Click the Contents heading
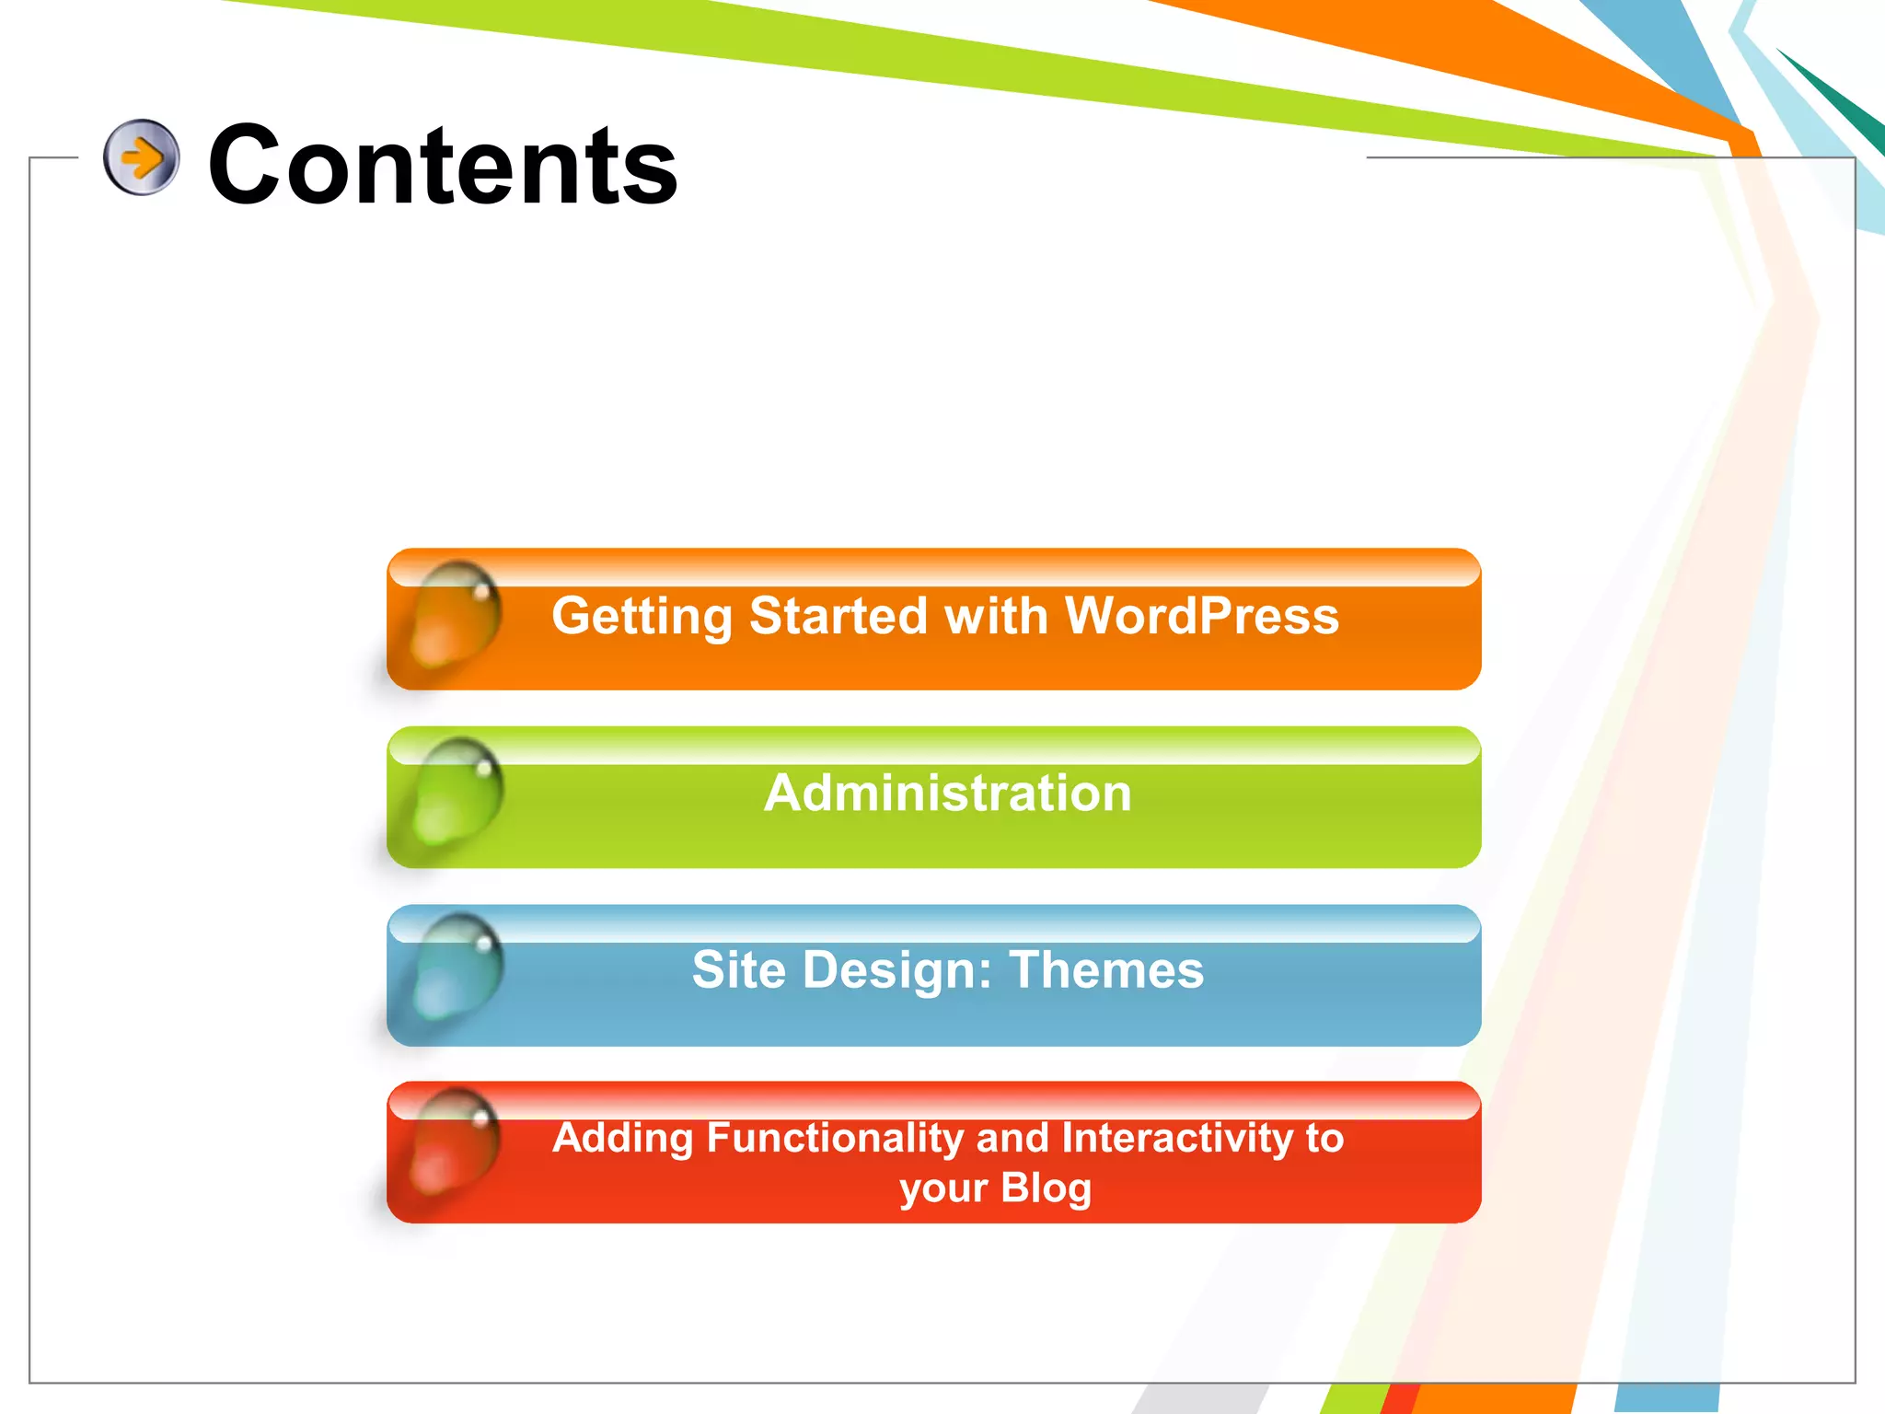[x=443, y=166]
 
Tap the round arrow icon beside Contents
[x=141, y=157]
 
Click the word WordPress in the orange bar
[x=1201, y=615]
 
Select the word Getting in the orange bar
[x=641, y=617]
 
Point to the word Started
[x=838, y=615]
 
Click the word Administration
[x=947, y=793]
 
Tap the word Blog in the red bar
[x=1046, y=1188]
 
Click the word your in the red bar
[x=942, y=1188]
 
